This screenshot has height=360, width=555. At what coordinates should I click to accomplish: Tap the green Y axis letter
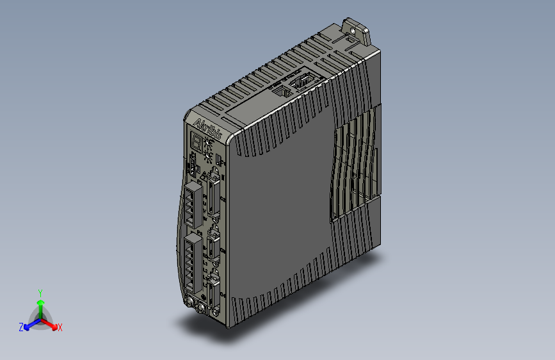[x=40, y=292]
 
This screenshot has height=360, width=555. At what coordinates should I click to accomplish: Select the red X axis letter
[x=60, y=327]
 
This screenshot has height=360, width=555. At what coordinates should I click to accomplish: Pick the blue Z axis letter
[x=21, y=327]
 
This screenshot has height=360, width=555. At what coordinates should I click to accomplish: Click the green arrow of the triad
[x=40, y=306]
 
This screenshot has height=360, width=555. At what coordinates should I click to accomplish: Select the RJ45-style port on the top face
[x=281, y=92]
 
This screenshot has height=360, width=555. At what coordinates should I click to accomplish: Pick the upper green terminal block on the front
[x=193, y=204]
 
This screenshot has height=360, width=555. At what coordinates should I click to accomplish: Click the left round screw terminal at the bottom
[x=190, y=304]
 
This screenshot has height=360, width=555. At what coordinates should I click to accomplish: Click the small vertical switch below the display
[x=191, y=168]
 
